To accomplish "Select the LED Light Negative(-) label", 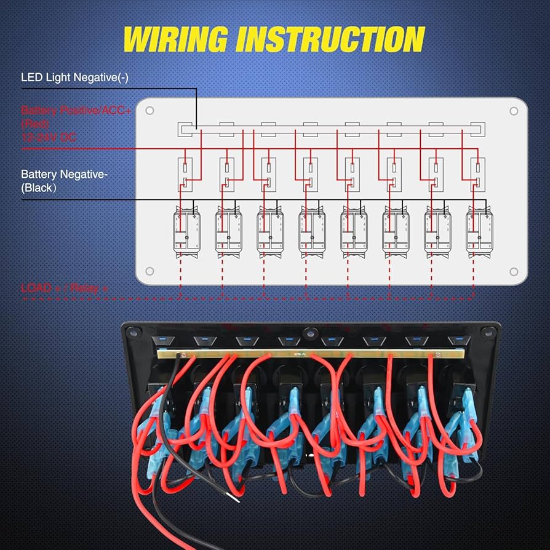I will click(x=74, y=78).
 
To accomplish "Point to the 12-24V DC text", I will click(x=49, y=137).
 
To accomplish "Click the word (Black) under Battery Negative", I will click(x=38, y=188).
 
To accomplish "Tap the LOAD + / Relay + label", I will click(x=65, y=287).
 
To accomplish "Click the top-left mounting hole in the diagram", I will click(x=149, y=111).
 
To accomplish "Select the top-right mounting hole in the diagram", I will click(x=514, y=111).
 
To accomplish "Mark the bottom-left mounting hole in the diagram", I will click(x=149, y=271).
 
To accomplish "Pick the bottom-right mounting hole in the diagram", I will click(x=514, y=271).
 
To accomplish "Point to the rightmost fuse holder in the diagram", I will click(x=477, y=174).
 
